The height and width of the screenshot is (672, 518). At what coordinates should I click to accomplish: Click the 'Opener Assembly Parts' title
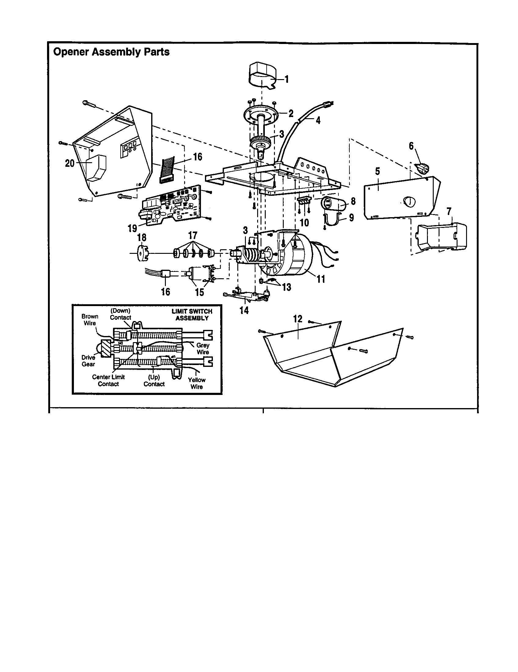pyautogui.click(x=111, y=52)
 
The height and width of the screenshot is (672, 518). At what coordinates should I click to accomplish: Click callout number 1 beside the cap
pyautogui.click(x=287, y=79)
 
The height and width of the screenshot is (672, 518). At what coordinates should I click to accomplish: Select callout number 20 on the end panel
pyautogui.click(x=70, y=163)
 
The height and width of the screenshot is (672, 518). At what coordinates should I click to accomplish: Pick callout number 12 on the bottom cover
pyautogui.click(x=297, y=319)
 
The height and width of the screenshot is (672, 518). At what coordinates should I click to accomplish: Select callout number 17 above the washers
pyautogui.click(x=192, y=236)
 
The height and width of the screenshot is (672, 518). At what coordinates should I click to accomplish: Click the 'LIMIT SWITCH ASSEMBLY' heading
pyautogui.click(x=192, y=314)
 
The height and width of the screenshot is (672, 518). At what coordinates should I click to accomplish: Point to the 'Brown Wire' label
pyautogui.click(x=90, y=320)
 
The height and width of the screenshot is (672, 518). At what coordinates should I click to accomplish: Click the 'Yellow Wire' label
pyautogui.click(x=197, y=383)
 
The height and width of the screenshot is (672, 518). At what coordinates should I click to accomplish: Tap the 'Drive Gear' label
pyautogui.click(x=88, y=361)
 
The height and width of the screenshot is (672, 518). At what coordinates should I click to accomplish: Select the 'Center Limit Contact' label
pyautogui.click(x=108, y=380)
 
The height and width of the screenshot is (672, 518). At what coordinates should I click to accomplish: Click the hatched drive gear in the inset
pyautogui.click(x=106, y=349)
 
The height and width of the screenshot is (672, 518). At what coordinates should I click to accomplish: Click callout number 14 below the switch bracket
pyautogui.click(x=244, y=310)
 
